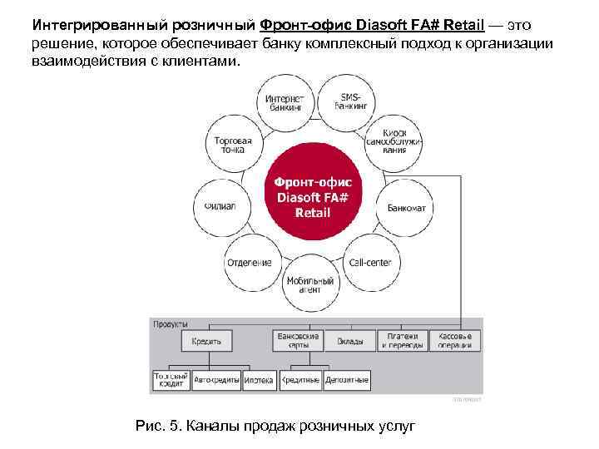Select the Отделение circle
(x=249, y=262)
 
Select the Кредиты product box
(x=206, y=341)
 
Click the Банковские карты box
(x=296, y=341)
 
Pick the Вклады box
(x=349, y=341)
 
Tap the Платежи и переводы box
(x=403, y=341)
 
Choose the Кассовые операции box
(x=455, y=341)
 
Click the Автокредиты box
(x=216, y=380)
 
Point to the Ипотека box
(x=259, y=380)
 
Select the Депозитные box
(x=348, y=380)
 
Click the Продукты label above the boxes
(x=170, y=323)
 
